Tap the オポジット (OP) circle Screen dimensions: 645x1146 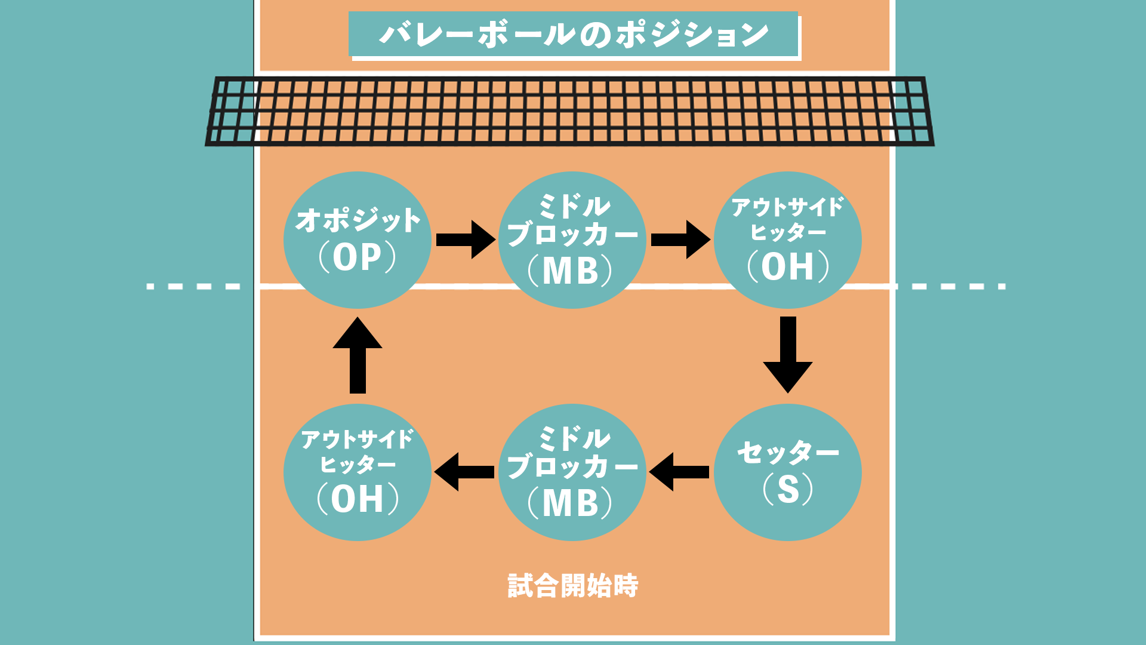coord(358,239)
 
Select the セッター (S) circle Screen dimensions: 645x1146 coord(787,472)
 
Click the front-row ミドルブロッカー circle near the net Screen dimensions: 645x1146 coord(572,239)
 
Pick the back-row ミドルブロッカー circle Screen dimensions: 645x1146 coord(572,472)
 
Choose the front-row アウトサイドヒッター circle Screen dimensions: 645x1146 coord(787,239)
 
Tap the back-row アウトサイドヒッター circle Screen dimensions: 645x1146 coord(358,472)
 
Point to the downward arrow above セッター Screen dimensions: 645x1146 coord(788,354)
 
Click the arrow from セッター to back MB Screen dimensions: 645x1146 coord(679,472)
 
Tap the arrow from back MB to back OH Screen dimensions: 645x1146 coord(464,472)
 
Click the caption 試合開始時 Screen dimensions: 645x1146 coord(573,586)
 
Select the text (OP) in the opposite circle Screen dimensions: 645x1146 coord(358,257)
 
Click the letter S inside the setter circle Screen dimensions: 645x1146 coord(788,489)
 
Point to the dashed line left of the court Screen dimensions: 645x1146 coord(193,287)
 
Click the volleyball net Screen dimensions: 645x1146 coord(570,111)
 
